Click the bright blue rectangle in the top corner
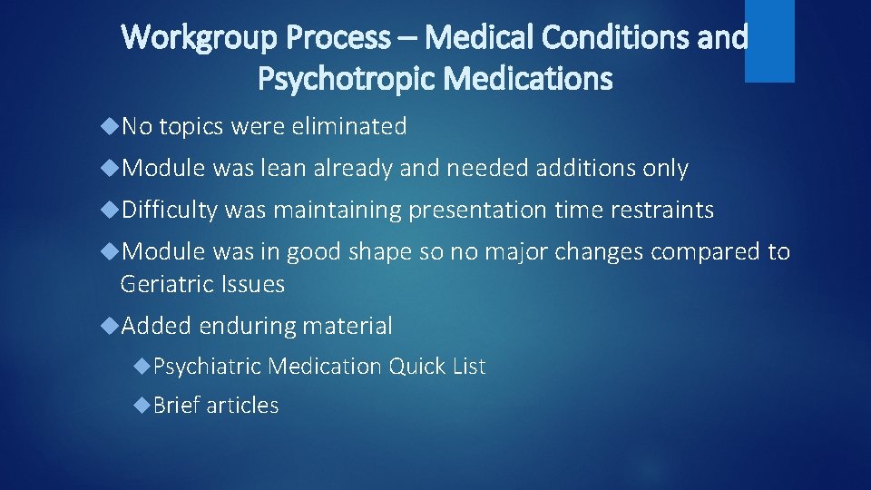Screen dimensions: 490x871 pyautogui.click(x=769, y=41)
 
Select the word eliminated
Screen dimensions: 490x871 pyautogui.click(x=349, y=127)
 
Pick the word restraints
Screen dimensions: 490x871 pyautogui.click(x=661, y=211)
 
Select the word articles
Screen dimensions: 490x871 pyautogui.click(x=242, y=406)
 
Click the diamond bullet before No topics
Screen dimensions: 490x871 pyautogui.click(x=111, y=126)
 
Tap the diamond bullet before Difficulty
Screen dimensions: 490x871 pyautogui.click(x=111, y=210)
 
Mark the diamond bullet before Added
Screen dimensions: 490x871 pyautogui.click(x=111, y=325)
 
